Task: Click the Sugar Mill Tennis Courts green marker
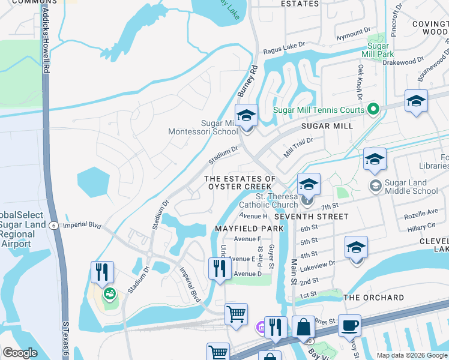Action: [373, 109]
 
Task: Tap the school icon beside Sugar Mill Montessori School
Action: [246, 115]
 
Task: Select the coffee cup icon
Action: [349, 325]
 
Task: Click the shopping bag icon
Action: [304, 328]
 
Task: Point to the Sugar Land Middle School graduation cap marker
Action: [375, 185]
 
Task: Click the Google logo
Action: [20, 353]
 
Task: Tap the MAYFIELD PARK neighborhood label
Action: [249, 229]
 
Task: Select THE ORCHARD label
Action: [373, 298]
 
